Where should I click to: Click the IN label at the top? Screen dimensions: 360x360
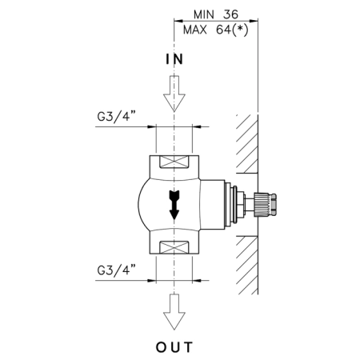174,59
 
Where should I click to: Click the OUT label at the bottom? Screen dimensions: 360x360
174,347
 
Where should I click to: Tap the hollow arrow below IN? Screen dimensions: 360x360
174,94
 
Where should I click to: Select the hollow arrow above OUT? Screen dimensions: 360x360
174,312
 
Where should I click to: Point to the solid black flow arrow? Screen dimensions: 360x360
174,205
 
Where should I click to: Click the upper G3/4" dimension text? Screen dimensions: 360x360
116,117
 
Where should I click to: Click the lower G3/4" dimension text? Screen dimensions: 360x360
116,270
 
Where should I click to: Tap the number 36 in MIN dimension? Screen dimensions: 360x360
230,14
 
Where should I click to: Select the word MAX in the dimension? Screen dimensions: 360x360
195,30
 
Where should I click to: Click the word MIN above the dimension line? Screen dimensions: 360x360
204,14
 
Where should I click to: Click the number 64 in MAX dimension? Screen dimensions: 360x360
223,30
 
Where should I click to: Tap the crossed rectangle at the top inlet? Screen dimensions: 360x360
174,162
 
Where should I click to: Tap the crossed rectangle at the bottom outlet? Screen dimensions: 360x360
174,247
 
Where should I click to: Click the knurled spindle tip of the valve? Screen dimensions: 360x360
266,205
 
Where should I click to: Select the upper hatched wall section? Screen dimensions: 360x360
247,144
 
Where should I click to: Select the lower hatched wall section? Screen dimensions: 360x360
247,266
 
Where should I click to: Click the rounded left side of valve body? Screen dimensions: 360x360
142,205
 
